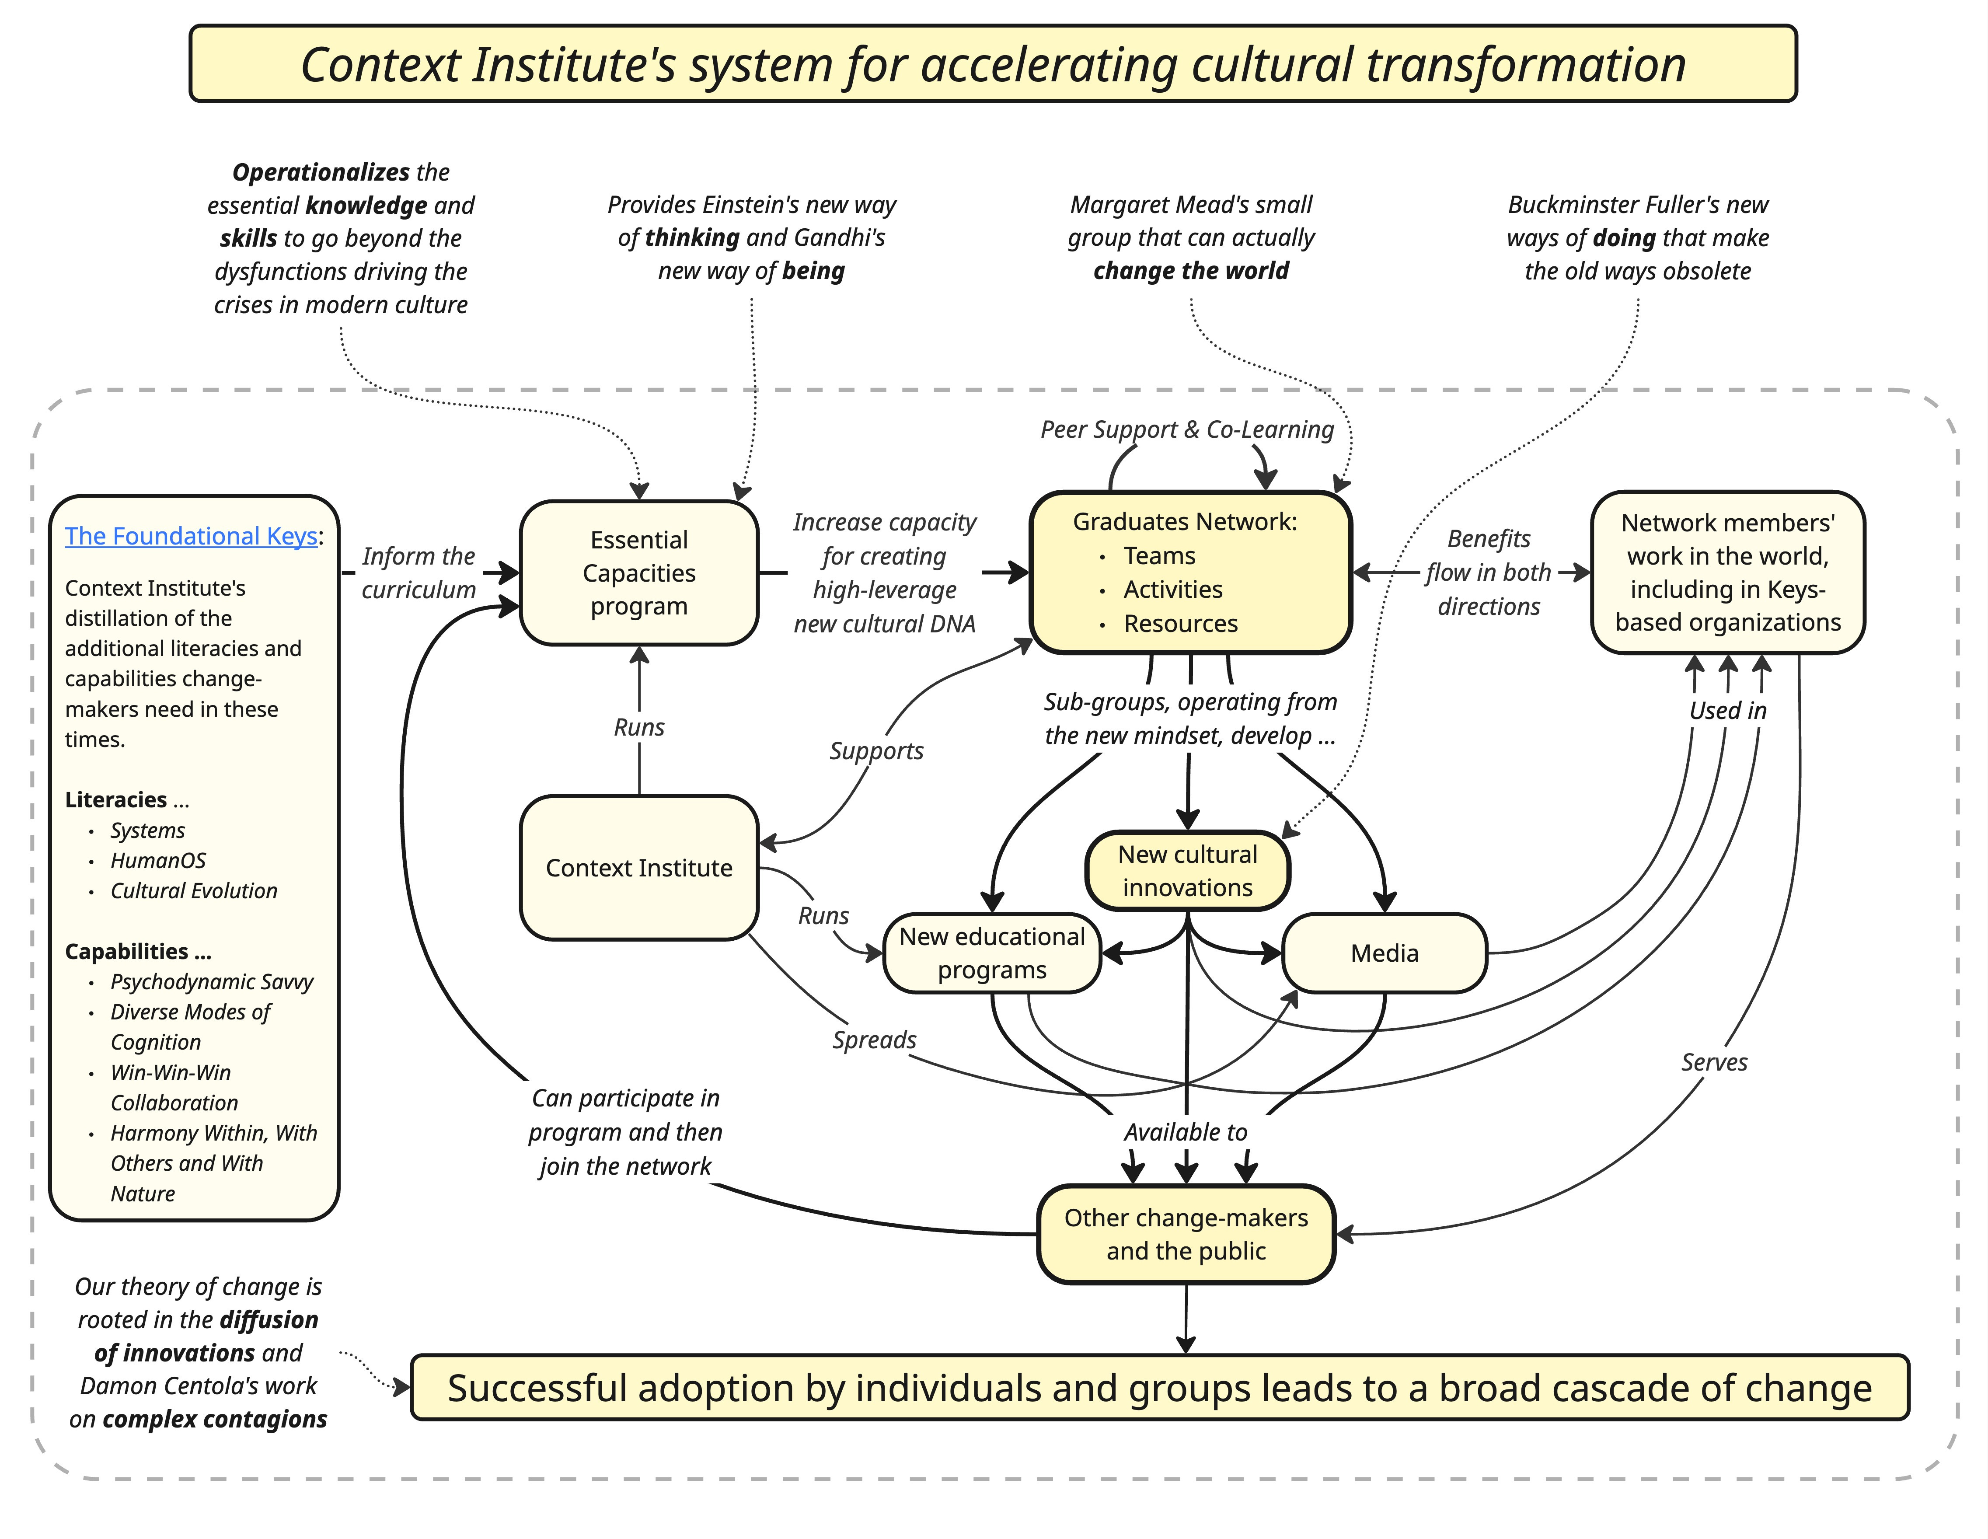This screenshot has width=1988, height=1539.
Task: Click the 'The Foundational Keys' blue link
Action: (191, 536)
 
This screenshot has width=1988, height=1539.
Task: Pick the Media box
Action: (1385, 953)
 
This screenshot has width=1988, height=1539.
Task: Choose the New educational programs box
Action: (992, 953)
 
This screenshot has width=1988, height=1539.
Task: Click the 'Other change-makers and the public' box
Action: (1186, 1234)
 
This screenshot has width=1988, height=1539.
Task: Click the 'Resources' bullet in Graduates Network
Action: (1181, 623)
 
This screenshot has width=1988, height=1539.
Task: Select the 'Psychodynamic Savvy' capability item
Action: (212, 982)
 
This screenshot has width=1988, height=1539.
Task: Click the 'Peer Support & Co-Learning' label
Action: (1187, 429)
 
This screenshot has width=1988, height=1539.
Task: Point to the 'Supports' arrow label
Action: (875, 751)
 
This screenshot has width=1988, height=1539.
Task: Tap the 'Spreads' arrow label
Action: (874, 1040)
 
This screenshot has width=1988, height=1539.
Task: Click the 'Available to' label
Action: (1185, 1132)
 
